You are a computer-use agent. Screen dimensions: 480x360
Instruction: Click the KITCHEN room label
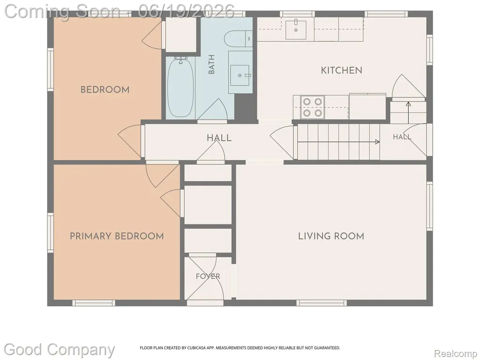pyautogui.click(x=341, y=70)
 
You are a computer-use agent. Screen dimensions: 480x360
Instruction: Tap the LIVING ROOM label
pyautogui.click(x=331, y=236)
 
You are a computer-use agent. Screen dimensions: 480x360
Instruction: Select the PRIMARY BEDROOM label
pyautogui.click(x=117, y=236)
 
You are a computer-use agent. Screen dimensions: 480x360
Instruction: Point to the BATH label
pyautogui.click(x=211, y=64)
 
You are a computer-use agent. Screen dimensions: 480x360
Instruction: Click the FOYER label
pyautogui.click(x=208, y=276)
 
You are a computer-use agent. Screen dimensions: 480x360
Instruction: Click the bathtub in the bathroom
pyautogui.click(x=180, y=88)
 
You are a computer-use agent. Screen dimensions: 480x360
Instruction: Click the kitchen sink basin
pyautogui.click(x=296, y=30)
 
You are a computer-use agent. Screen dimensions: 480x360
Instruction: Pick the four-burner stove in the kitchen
pyautogui.click(x=312, y=107)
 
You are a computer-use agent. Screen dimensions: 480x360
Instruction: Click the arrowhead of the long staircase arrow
pyautogui.click(x=377, y=142)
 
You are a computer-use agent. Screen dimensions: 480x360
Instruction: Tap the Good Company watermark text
pyautogui.click(x=59, y=350)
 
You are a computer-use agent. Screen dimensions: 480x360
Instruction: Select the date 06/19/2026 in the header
pyautogui.click(x=186, y=11)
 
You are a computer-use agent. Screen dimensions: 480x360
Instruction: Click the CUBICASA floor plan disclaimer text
pyautogui.click(x=240, y=348)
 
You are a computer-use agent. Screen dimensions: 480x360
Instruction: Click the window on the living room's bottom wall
pyautogui.click(x=322, y=303)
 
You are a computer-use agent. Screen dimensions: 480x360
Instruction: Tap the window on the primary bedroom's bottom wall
pyautogui.click(x=94, y=303)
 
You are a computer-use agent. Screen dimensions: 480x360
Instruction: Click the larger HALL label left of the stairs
pyautogui.click(x=219, y=138)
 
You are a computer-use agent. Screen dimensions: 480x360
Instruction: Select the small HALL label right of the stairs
pyautogui.click(x=402, y=137)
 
